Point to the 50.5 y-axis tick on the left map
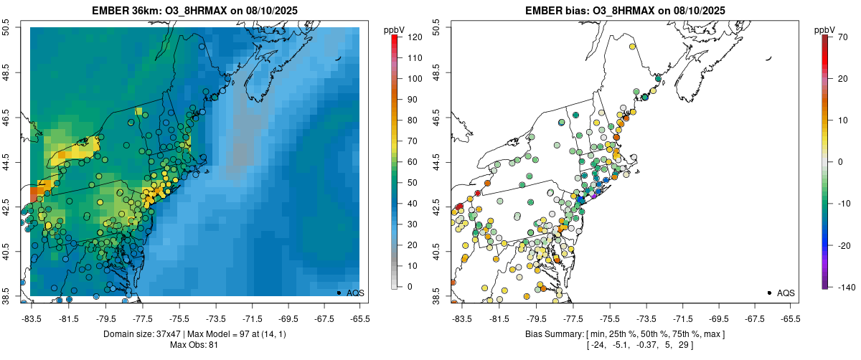[6, 27]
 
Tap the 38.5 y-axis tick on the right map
[436, 295]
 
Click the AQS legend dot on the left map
[339, 293]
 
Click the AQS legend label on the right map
[786, 293]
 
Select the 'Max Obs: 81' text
[195, 346]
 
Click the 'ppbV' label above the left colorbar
[393, 29]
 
